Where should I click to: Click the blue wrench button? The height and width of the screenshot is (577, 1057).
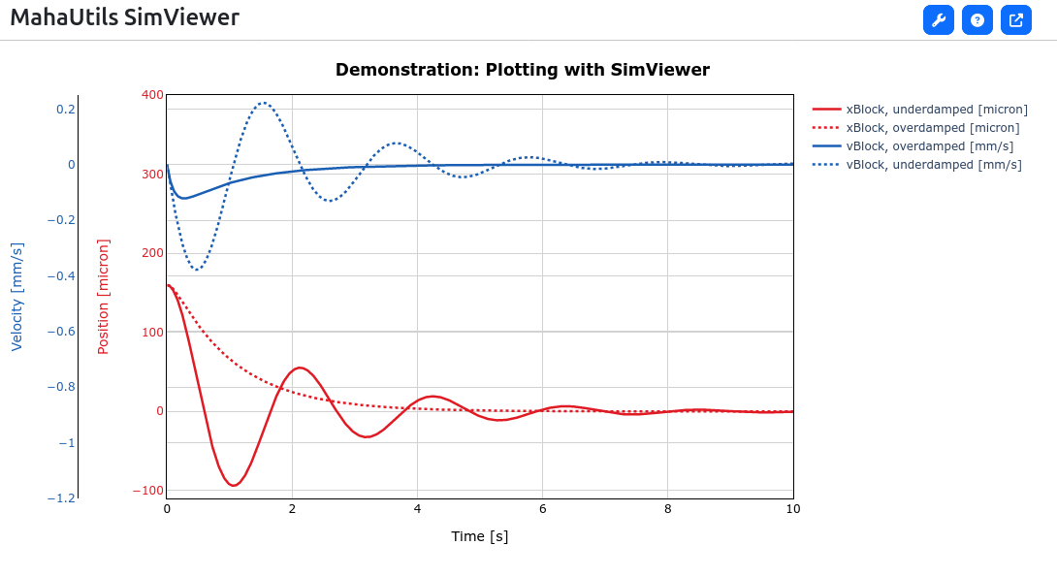point(939,20)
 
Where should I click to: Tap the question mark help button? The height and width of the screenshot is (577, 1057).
point(977,20)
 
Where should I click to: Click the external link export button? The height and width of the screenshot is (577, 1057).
point(1016,20)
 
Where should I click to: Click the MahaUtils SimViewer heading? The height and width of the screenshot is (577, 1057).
point(125,16)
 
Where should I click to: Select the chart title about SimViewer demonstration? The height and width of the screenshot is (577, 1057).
point(523,70)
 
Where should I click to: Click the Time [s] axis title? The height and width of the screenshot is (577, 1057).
point(480,536)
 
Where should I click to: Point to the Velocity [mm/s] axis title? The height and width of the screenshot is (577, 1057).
point(16,297)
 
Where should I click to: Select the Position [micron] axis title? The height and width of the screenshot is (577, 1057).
point(103,297)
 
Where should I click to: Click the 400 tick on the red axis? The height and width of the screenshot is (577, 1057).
point(152,95)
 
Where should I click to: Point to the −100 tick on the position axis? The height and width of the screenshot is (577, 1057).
point(148,490)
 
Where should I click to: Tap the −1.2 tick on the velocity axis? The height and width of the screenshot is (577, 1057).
point(61,498)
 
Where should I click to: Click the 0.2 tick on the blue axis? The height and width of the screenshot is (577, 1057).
point(66,110)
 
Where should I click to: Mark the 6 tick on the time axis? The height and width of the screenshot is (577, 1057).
point(543,509)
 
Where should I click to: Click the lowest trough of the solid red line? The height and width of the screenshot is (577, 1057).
point(234,485)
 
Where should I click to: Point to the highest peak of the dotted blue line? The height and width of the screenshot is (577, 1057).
point(264,103)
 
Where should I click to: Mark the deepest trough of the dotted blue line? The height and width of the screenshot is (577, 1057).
point(197,270)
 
